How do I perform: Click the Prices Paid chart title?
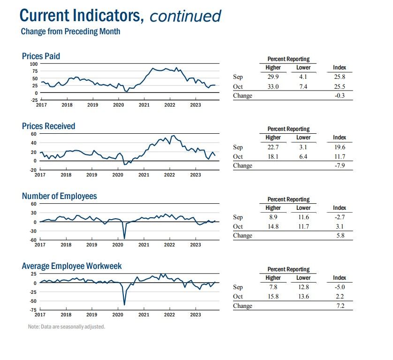pyautogui.click(x=41, y=56)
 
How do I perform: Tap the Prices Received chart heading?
pyautogui.click(x=48, y=126)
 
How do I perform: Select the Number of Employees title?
pyautogui.click(x=59, y=196)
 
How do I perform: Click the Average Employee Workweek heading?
pyautogui.click(x=72, y=266)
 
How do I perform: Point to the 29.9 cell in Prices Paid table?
pyautogui.click(x=273, y=77)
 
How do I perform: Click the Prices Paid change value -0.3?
pyautogui.click(x=340, y=96)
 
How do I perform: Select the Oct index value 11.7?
pyautogui.click(x=340, y=157)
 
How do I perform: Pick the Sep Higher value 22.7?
pyautogui.click(x=273, y=147)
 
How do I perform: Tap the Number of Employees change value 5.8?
pyautogui.click(x=340, y=235)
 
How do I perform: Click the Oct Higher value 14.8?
pyautogui.click(x=273, y=226)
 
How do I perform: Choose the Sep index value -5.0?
pyautogui.click(x=340, y=287)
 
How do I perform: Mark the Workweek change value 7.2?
pyautogui.click(x=340, y=306)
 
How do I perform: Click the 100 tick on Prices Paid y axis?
pyautogui.click(x=34, y=64)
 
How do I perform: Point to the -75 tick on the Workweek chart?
pyautogui.click(x=33, y=310)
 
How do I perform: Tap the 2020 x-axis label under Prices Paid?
pyautogui.click(x=118, y=105)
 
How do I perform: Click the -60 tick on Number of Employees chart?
pyautogui.click(x=33, y=240)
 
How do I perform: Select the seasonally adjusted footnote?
pyautogui.click(x=67, y=327)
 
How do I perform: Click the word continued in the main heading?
pyautogui.click(x=185, y=16)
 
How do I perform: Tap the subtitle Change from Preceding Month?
pyautogui.click(x=70, y=31)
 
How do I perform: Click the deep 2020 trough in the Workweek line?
pyautogui.click(x=124, y=305)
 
